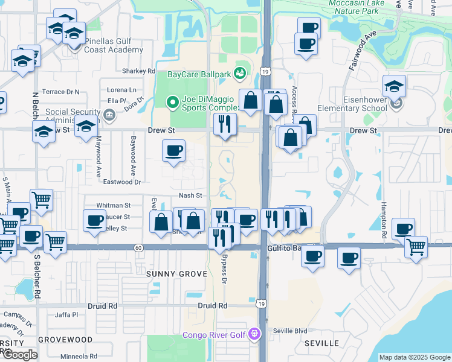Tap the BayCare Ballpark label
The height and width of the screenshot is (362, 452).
[x=199, y=75]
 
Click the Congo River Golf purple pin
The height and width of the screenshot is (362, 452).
[x=255, y=334]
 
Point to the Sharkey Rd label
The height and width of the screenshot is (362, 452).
[x=138, y=71]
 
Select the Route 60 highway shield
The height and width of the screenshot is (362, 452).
[x=138, y=247]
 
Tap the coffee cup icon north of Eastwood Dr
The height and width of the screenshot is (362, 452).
[x=173, y=150]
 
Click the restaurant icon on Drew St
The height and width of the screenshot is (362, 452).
[x=225, y=124]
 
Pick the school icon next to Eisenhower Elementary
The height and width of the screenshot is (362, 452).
[x=393, y=86]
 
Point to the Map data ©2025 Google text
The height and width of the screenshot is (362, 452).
[x=415, y=357]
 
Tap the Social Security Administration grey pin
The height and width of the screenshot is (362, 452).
[x=109, y=114]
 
